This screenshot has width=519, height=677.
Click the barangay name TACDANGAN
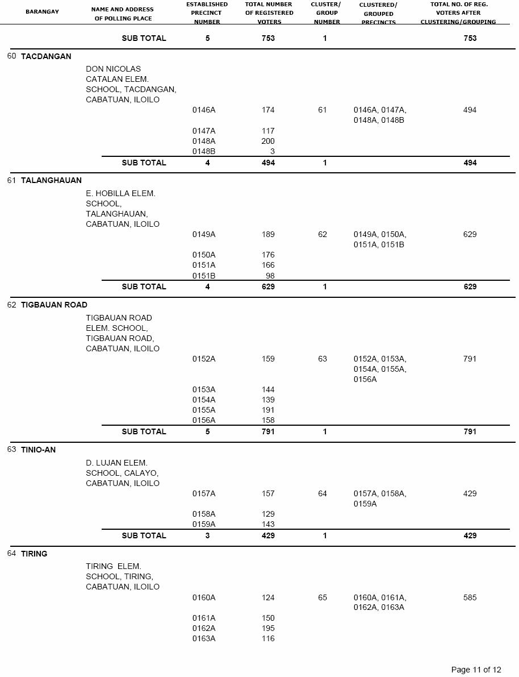tap(46, 56)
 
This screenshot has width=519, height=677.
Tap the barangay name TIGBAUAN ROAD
tap(54, 305)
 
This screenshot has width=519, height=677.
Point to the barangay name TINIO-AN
tap(38, 450)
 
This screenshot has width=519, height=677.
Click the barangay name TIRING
tap(34, 554)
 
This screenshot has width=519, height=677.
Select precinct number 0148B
tap(203, 152)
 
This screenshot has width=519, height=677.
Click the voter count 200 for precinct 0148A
tap(267, 141)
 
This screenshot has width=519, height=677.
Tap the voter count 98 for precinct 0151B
tap(270, 276)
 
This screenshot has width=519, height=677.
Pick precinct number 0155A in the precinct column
tap(203, 410)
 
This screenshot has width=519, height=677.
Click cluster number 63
tap(323, 359)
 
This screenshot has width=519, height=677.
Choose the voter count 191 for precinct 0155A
tap(268, 410)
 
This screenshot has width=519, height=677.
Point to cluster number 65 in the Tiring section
tap(323, 597)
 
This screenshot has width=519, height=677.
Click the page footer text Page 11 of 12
tap(476, 670)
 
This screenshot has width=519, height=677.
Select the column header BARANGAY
tap(42, 11)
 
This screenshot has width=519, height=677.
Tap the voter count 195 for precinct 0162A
tap(268, 628)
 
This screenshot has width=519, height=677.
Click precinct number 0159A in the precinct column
tap(203, 524)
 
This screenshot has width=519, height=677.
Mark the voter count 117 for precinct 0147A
tap(268, 131)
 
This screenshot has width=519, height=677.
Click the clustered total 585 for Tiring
tap(470, 597)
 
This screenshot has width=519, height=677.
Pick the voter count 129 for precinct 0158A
tap(268, 514)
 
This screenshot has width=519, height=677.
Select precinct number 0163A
tap(203, 638)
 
